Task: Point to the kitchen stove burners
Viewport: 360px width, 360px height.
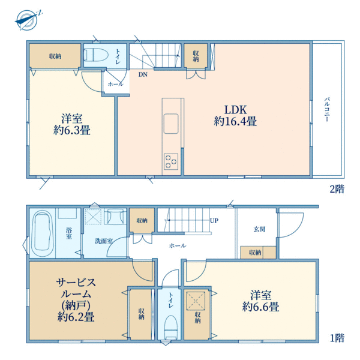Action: [x=171, y=160]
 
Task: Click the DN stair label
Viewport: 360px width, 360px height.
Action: [x=142, y=75]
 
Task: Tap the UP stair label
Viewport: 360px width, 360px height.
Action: [x=214, y=220]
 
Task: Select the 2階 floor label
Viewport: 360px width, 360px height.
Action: [x=337, y=189]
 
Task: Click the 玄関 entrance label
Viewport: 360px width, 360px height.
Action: [x=259, y=229]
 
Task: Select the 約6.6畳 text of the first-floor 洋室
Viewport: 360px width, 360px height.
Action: [x=260, y=307]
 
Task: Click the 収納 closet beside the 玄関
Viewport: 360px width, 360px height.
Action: [x=256, y=253]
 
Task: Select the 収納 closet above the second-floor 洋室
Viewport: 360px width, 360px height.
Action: [x=55, y=56]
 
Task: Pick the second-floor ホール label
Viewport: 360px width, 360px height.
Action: [x=115, y=84]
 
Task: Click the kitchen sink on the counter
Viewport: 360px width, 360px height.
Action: [x=170, y=123]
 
